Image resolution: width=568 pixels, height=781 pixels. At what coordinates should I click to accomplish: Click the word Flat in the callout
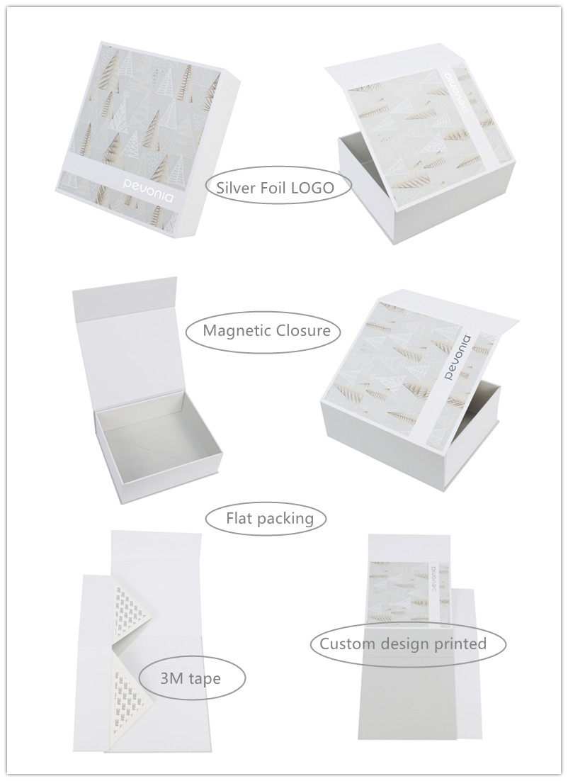tap(239, 518)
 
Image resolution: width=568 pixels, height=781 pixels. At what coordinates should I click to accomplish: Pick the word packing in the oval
tap(285, 519)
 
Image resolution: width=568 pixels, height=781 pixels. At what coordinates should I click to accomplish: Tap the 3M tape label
tap(190, 678)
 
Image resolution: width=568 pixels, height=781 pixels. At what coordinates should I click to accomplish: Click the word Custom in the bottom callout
tap(347, 644)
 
